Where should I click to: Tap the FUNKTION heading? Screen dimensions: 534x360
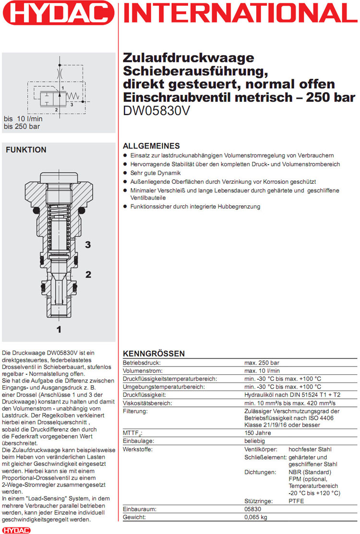[x=26, y=150]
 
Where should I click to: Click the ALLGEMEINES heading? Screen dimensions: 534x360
[x=151, y=146]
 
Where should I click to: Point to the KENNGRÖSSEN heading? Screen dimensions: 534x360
[x=154, y=354]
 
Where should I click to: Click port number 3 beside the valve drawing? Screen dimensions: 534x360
[x=88, y=245]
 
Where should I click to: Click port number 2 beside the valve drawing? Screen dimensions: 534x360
[x=88, y=274]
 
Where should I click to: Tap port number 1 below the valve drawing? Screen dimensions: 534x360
[x=59, y=329]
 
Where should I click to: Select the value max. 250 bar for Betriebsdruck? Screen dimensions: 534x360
[x=262, y=363]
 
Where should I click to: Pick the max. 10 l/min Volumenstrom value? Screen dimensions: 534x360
[x=263, y=371]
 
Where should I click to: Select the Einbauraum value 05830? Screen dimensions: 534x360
[x=253, y=510]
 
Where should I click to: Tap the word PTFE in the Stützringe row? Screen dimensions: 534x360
[x=296, y=501]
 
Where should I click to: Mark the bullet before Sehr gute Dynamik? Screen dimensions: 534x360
[x=126, y=173]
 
